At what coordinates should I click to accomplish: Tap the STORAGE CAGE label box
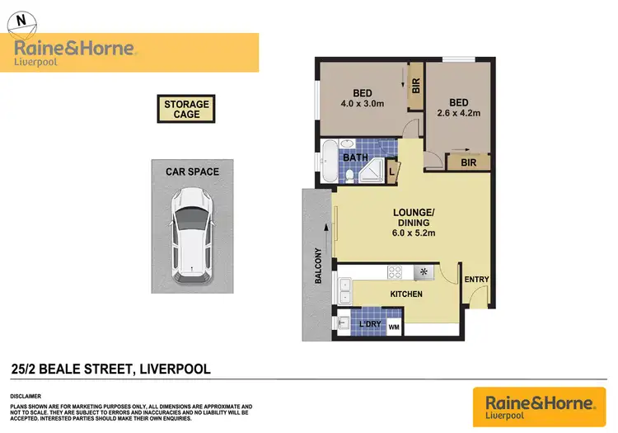(187, 109)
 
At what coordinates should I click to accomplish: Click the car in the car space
(190, 235)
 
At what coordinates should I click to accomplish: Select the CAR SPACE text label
(191, 172)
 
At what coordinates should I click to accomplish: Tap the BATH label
(355, 157)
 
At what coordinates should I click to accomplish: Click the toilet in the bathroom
(349, 176)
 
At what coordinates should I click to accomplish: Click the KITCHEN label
(406, 294)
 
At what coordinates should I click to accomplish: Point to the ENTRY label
(476, 280)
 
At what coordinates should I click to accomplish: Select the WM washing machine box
(393, 328)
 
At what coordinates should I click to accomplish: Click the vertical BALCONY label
(319, 266)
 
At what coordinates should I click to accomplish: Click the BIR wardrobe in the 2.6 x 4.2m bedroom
(468, 163)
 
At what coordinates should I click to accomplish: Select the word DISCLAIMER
(28, 396)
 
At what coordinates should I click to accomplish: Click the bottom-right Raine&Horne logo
(540, 405)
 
